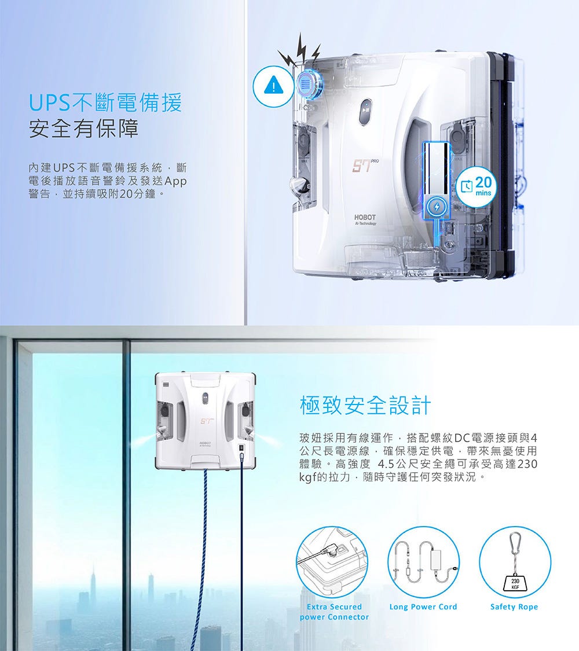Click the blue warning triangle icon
[x=273, y=86]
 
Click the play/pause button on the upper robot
[x=365, y=111]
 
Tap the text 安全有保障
[x=83, y=128]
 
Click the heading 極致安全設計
[x=365, y=405]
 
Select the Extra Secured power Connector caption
[x=334, y=612]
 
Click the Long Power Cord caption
[x=423, y=606]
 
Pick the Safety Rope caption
[x=514, y=606]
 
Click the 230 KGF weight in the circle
[x=515, y=583]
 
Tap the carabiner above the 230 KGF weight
[x=515, y=542]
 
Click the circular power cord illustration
[x=424, y=562]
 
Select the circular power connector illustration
[x=332, y=562]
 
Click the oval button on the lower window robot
[x=205, y=398]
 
